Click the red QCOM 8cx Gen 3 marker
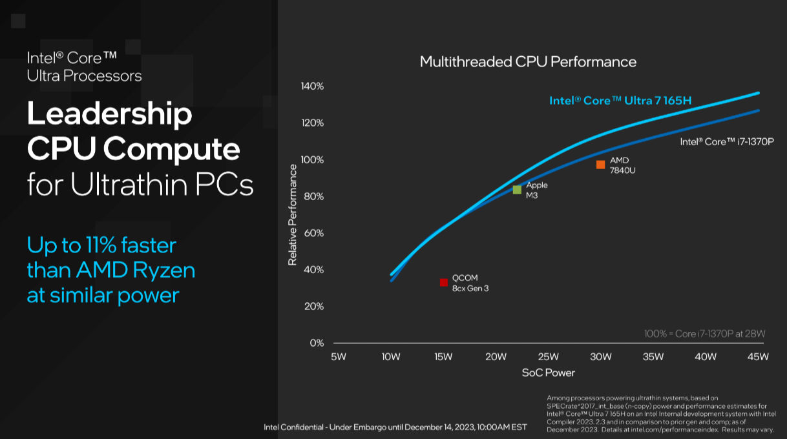pos(444,282)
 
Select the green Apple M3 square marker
pos(517,190)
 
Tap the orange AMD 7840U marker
pos(600,165)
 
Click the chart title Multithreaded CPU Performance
pos(528,62)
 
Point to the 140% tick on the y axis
pos(312,87)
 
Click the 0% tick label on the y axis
pos(317,343)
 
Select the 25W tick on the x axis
pos(548,357)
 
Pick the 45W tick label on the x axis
pos(757,357)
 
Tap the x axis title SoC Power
pos(548,373)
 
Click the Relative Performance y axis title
pos(293,214)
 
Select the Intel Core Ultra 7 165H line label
pos(620,101)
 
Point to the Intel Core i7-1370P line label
pos(726,142)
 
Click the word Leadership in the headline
pos(109,114)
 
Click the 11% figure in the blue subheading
pos(95,246)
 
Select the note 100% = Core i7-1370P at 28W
pos(704,334)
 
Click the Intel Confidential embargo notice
pos(395,427)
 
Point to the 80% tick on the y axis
pos(313,196)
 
